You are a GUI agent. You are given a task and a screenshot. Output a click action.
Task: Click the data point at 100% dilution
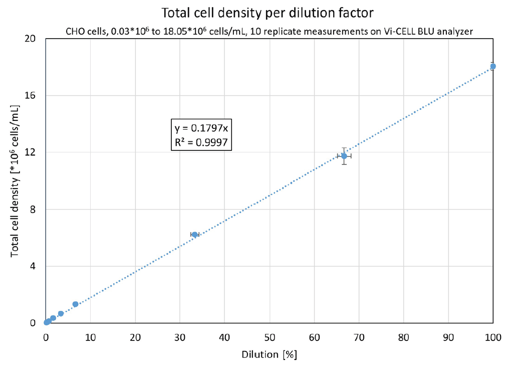(493, 66)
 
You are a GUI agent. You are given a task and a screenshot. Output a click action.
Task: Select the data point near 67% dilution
(344, 156)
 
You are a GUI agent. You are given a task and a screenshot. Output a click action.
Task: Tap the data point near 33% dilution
(195, 234)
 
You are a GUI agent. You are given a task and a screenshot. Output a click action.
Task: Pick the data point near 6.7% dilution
(76, 304)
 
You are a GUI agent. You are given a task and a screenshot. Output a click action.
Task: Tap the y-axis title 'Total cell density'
(16, 181)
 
